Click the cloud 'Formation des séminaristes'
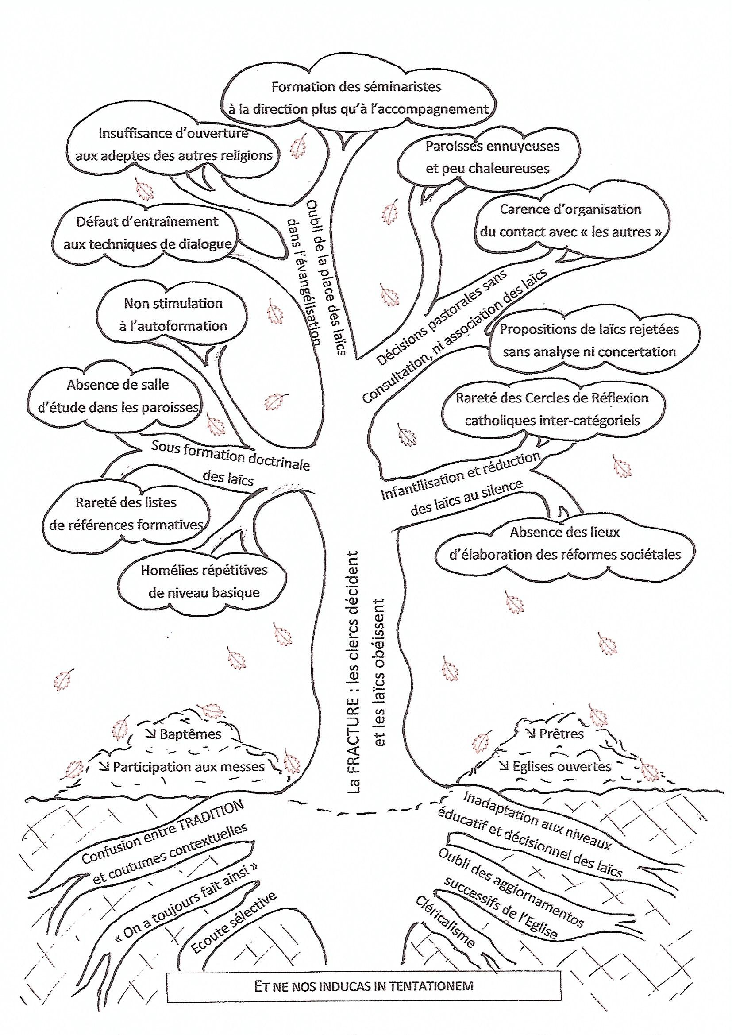(x=356, y=97)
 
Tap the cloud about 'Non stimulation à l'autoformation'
(x=173, y=314)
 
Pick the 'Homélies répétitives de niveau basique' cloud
(x=204, y=581)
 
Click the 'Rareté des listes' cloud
(x=126, y=514)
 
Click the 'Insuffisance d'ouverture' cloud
(x=173, y=144)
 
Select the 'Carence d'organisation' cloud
(x=570, y=220)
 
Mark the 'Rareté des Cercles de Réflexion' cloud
(x=552, y=409)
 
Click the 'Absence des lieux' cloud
(x=565, y=543)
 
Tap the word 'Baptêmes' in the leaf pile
(x=190, y=734)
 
